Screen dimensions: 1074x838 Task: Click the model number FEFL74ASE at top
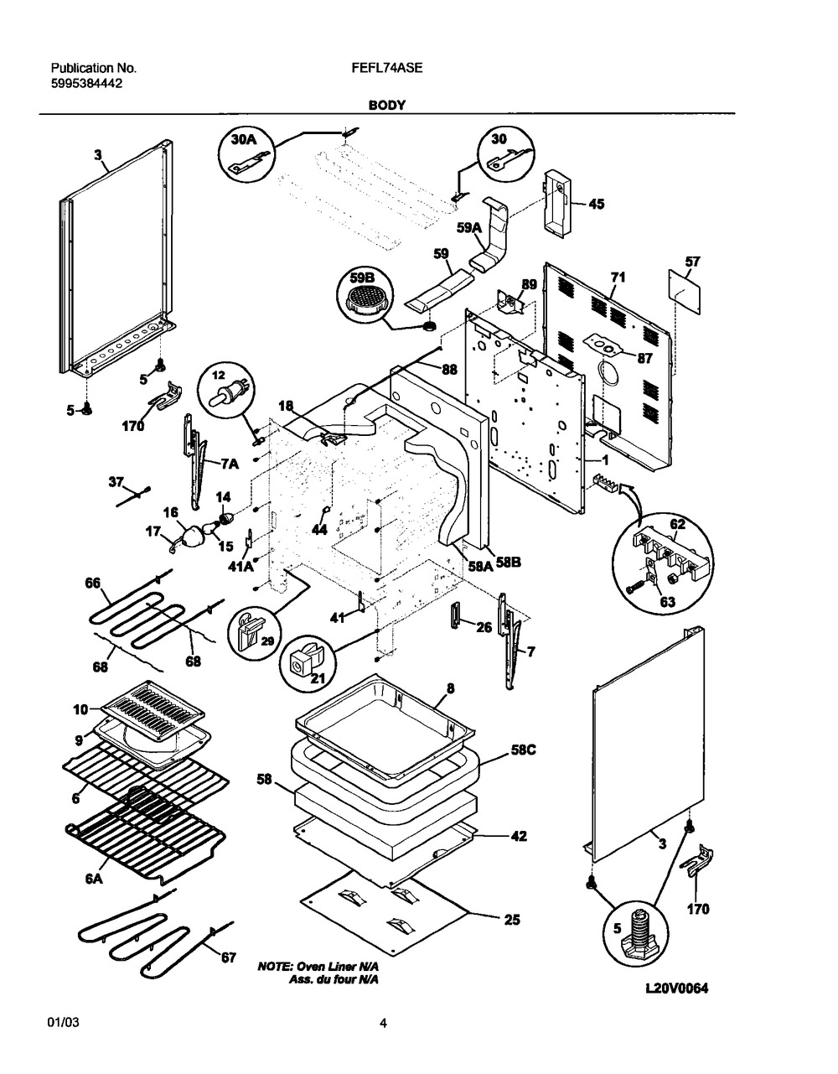[387, 69]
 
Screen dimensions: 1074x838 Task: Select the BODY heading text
[386, 106]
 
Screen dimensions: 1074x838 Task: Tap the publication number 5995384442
[88, 83]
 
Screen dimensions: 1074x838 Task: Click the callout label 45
[596, 204]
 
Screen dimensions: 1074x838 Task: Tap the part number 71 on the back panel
[618, 276]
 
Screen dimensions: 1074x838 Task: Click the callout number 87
[644, 358]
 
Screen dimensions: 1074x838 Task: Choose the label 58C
[522, 750]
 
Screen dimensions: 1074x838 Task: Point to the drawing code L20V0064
[676, 988]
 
